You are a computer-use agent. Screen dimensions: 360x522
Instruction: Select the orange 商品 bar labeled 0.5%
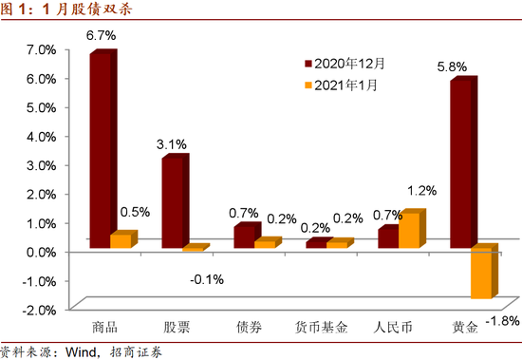click(x=121, y=240)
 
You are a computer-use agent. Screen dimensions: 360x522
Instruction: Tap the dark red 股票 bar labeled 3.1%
click(x=172, y=201)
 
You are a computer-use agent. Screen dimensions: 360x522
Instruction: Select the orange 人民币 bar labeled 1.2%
click(x=408, y=231)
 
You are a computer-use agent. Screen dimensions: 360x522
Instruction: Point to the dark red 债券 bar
click(x=243, y=236)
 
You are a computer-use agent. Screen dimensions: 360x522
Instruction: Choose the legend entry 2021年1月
click(x=347, y=85)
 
